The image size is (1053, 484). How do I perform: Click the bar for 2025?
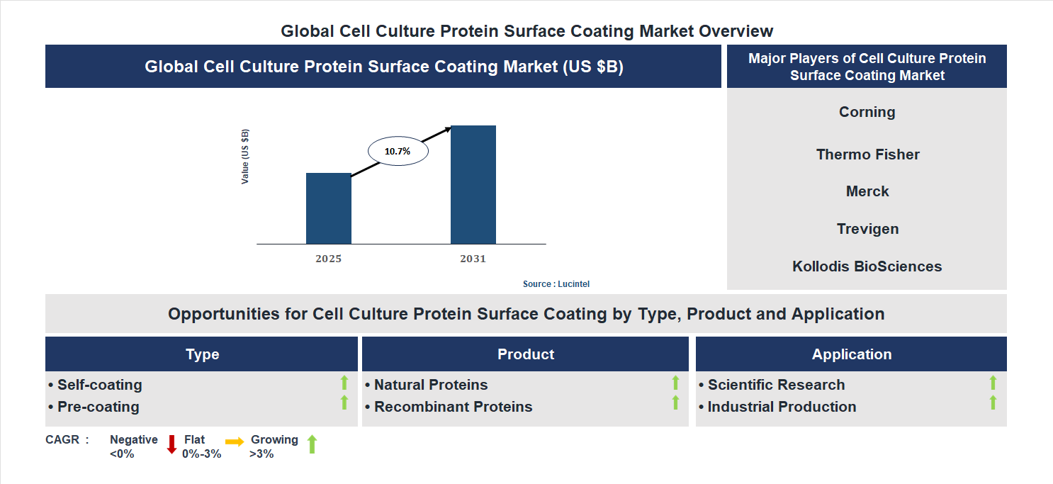tap(328, 208)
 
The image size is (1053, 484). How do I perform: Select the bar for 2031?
tap(473, 185)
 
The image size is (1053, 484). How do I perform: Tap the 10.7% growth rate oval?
tap(398, 151)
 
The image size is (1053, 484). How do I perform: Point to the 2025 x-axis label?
tap(328, 259)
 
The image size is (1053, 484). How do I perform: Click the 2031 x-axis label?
tap(473, 259)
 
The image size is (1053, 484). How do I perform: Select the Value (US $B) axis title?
tap(245, 157)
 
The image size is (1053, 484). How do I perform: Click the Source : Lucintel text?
tap(556, 283)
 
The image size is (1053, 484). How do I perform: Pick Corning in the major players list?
tap(867, 112)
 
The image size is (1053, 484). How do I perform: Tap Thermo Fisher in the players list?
tap(867, 154)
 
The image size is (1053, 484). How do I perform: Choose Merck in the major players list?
tap(867, 191)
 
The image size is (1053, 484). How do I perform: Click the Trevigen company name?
tap(867, 229)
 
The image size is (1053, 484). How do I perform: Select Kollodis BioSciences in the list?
tap(867, 266)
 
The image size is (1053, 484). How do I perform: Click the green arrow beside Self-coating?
tap(344, 383)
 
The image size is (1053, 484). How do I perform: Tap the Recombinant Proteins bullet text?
tap(453, 407)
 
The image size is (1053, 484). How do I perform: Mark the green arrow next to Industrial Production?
tap(993, 403)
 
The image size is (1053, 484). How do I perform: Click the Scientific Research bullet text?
tap(776, 385)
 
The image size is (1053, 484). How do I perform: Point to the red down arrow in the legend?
tap(171, 445)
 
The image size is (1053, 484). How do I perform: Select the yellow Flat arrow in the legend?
tap(235, 441)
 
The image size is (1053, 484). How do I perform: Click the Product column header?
tap(525, 354)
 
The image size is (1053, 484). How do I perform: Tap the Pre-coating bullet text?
tap(98, 407)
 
